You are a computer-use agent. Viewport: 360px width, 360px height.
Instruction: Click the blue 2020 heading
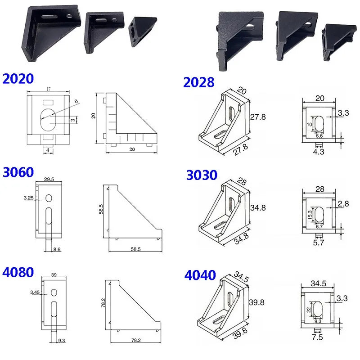(x=18, y=79)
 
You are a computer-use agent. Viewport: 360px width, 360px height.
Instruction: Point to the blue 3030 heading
(x=202, y=175)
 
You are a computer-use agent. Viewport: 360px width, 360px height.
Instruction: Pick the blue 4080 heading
(x=18, y=273)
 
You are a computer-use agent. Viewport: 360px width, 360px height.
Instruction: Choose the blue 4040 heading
(x=200, y=275)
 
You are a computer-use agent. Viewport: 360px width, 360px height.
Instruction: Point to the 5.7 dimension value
(x=318, y=243)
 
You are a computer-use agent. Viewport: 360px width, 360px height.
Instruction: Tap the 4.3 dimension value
(x=318, y=152)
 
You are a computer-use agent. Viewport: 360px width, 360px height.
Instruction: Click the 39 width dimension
(x=54, y=274)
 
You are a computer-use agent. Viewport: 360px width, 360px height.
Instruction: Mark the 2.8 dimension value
(x=343, y=204)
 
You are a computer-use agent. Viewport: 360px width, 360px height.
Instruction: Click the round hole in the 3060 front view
(x=49, y=198)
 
